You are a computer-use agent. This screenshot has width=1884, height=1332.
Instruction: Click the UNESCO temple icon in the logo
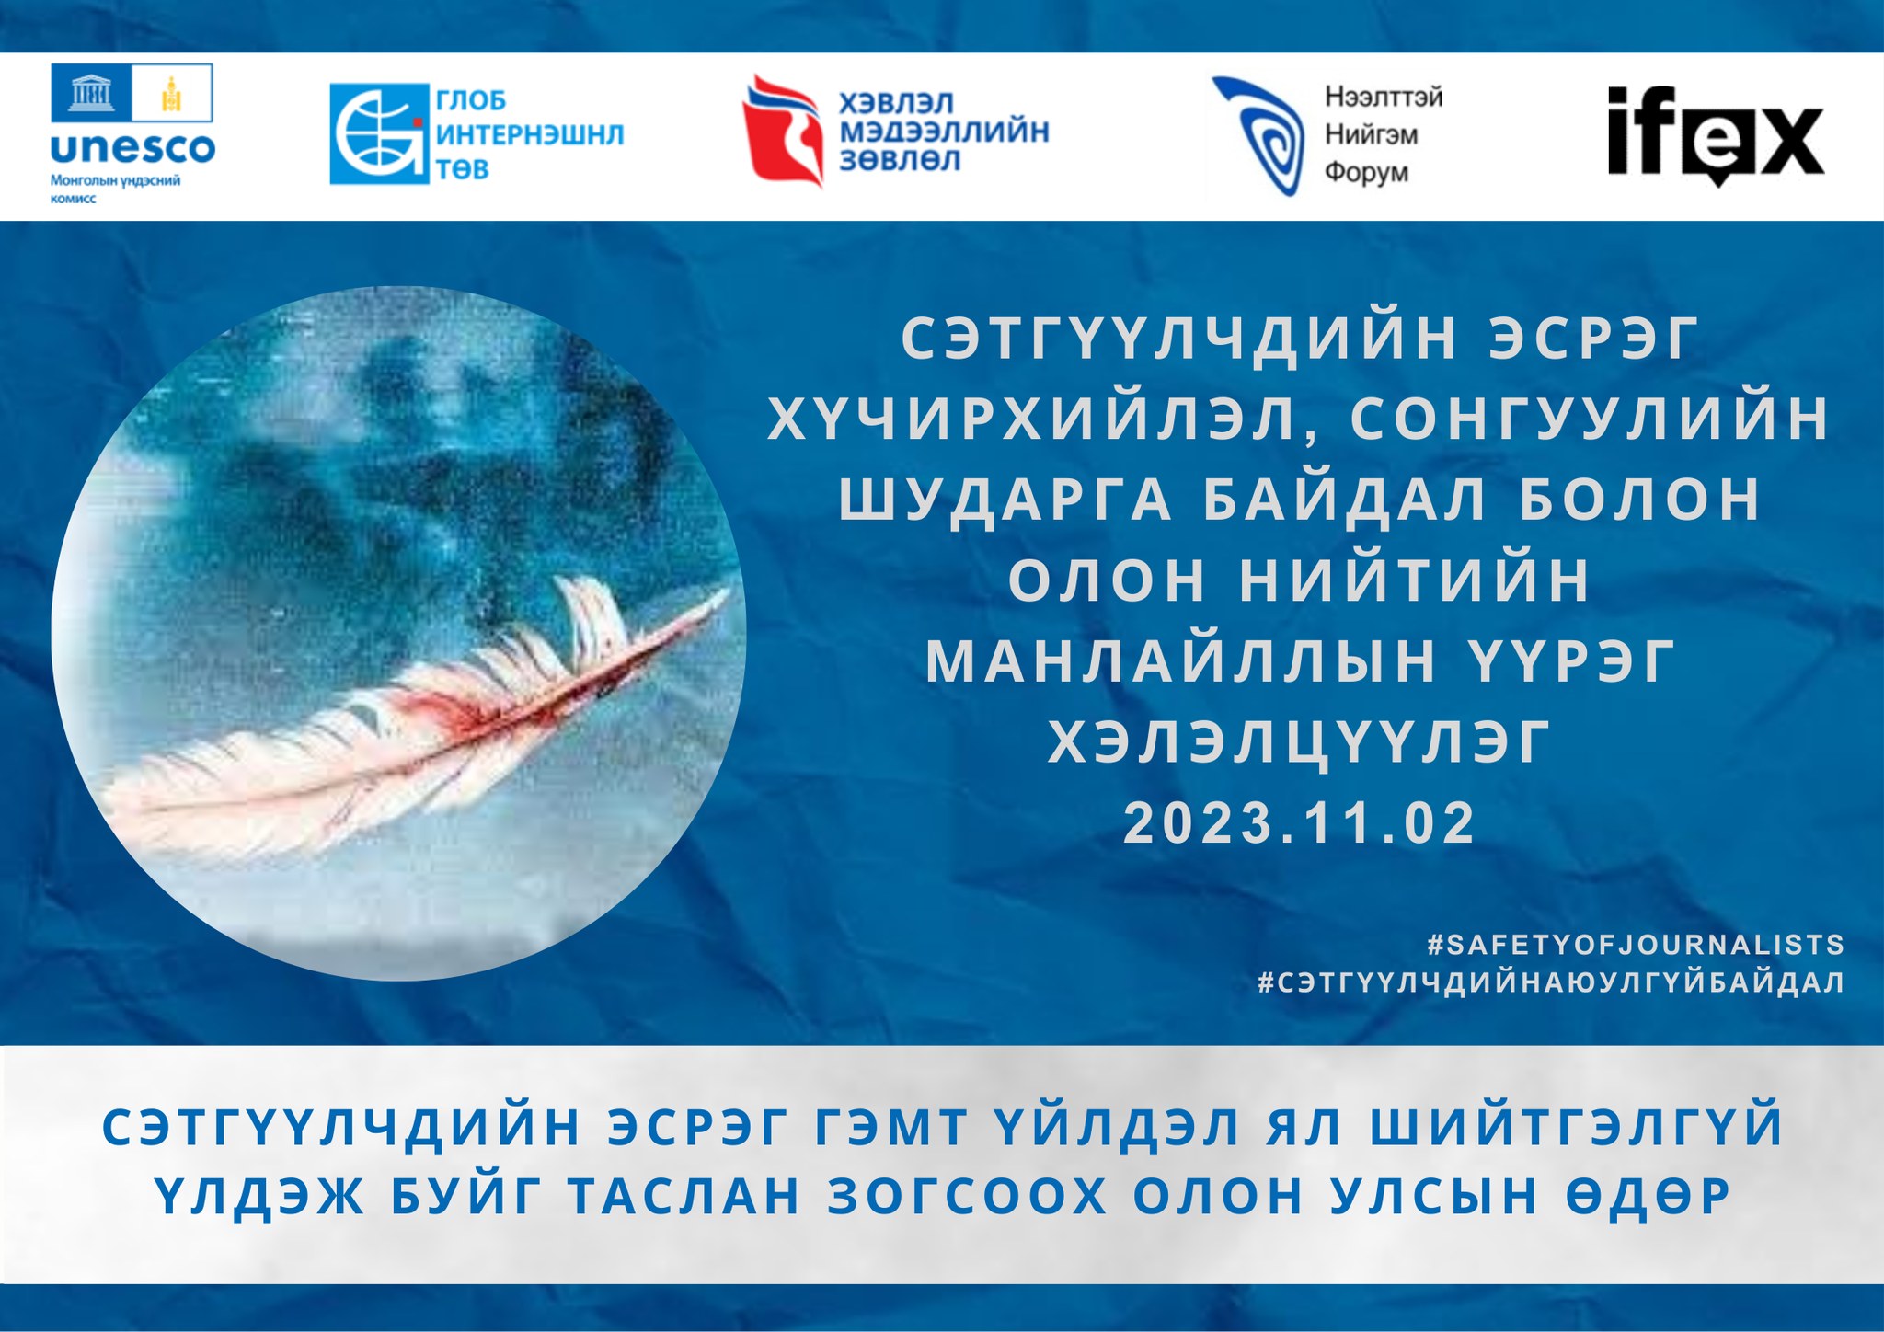(x=91, y=93)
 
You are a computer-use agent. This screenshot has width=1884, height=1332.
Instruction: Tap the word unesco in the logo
(x=132, y=147)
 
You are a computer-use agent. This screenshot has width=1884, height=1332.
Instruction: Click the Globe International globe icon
(x=380, y=134)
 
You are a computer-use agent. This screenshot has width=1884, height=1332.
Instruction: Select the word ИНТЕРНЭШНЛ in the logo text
(x=530, y=134)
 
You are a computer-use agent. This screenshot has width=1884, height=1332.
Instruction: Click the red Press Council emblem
(x=783, y=131)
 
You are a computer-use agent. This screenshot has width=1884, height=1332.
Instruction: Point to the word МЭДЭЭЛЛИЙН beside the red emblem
(x=944, y=131)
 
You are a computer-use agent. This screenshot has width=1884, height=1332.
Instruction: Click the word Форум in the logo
(x=1366, y=172)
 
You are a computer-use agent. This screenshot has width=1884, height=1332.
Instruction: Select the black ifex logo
(x=1716, y=134)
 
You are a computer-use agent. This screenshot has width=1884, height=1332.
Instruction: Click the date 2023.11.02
(x=1300, y=822)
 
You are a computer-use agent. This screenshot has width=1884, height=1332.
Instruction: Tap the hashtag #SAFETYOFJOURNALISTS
(x=1636, y=945)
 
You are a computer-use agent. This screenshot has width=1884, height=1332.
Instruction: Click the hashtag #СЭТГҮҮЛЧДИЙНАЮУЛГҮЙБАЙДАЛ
(x=1552, y=982)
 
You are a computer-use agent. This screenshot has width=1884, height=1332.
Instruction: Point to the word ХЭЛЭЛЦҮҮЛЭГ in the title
(x=1300, y=741)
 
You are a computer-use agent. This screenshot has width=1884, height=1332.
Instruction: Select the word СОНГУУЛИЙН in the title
(x=1591, y=419)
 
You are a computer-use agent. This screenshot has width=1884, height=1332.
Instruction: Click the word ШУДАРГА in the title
(x=1005, y=499)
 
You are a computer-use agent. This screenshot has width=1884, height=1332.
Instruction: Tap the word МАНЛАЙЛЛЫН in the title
(x=1181, y=661)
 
